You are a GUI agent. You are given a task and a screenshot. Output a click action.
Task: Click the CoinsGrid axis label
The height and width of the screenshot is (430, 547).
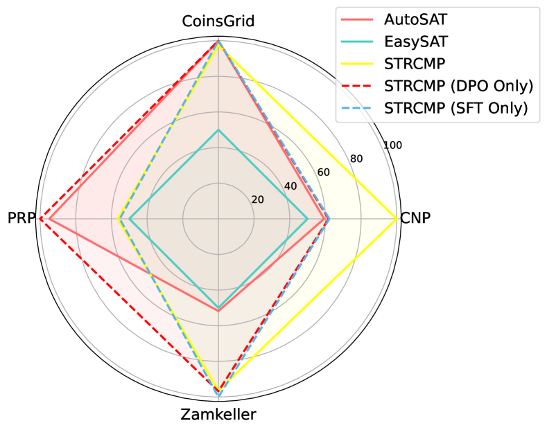coord(218,21)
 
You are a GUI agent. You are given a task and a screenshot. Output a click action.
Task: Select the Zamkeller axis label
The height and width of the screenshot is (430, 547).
coord(218,415)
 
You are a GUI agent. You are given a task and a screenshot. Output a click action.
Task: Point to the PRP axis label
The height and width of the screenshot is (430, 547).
coord(20,218)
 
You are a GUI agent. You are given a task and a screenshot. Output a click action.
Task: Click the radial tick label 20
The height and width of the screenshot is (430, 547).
coord(258,199)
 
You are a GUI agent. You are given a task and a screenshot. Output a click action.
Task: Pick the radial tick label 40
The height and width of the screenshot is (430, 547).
coord(290,186)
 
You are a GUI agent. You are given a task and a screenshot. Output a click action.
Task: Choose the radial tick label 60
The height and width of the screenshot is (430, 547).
coord(323,172)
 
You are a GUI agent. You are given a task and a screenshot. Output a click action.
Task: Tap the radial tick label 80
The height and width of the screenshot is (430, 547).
coord(356,159)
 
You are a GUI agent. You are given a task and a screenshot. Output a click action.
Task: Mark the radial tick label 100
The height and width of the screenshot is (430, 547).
coord(392,145)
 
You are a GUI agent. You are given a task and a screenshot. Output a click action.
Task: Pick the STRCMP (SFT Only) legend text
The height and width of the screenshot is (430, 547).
coord(455,108)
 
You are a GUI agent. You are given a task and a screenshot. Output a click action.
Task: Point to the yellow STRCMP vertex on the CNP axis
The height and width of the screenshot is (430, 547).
coord(397,219)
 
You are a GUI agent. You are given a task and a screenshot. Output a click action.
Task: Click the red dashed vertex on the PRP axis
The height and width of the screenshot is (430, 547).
coord(40,219)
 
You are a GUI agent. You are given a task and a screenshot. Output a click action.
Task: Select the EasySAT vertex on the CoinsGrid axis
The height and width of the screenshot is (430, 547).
coord(218,129)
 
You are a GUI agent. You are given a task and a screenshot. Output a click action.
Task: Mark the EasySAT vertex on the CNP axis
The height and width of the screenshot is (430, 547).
coord(308,219)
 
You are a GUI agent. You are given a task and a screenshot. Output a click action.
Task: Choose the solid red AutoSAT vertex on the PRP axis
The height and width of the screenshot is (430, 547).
coord(49,219)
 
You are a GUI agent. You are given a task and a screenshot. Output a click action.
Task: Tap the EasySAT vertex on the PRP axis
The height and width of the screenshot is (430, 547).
coord(129,219)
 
